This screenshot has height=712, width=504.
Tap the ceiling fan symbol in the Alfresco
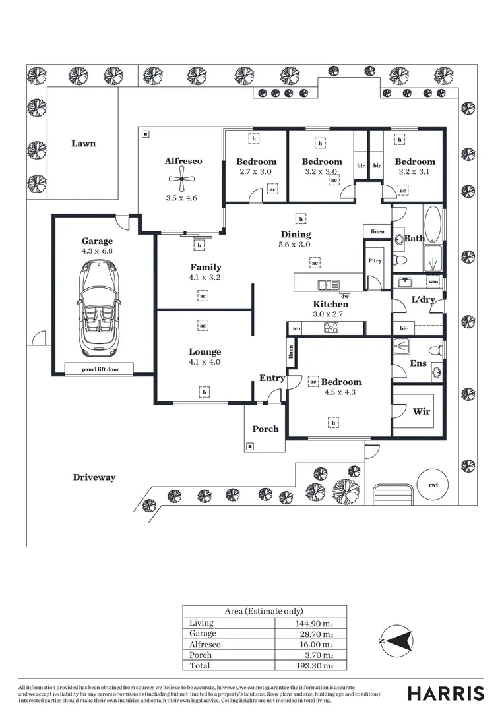pos(181,178)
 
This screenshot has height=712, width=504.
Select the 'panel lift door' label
pos(99,369)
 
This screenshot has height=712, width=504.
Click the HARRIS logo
pos(445,693)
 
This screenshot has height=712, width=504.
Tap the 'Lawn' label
pos(83,144)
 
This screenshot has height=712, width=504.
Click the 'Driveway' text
pos(94,477)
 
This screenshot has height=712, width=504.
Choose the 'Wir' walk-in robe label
pos(421,411)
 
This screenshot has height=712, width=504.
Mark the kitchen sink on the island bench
pos(328,285)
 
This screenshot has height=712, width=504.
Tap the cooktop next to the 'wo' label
pos(331,328)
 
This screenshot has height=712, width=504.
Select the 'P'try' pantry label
pos(374,261)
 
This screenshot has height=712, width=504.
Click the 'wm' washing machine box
pos(433,282)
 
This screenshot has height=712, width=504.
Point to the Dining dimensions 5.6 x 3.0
pos(296,245)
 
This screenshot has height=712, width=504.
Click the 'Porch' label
pos(265,429)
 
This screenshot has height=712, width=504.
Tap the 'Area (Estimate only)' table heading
pos(264,611)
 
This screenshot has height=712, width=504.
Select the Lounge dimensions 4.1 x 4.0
pos(205,362)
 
